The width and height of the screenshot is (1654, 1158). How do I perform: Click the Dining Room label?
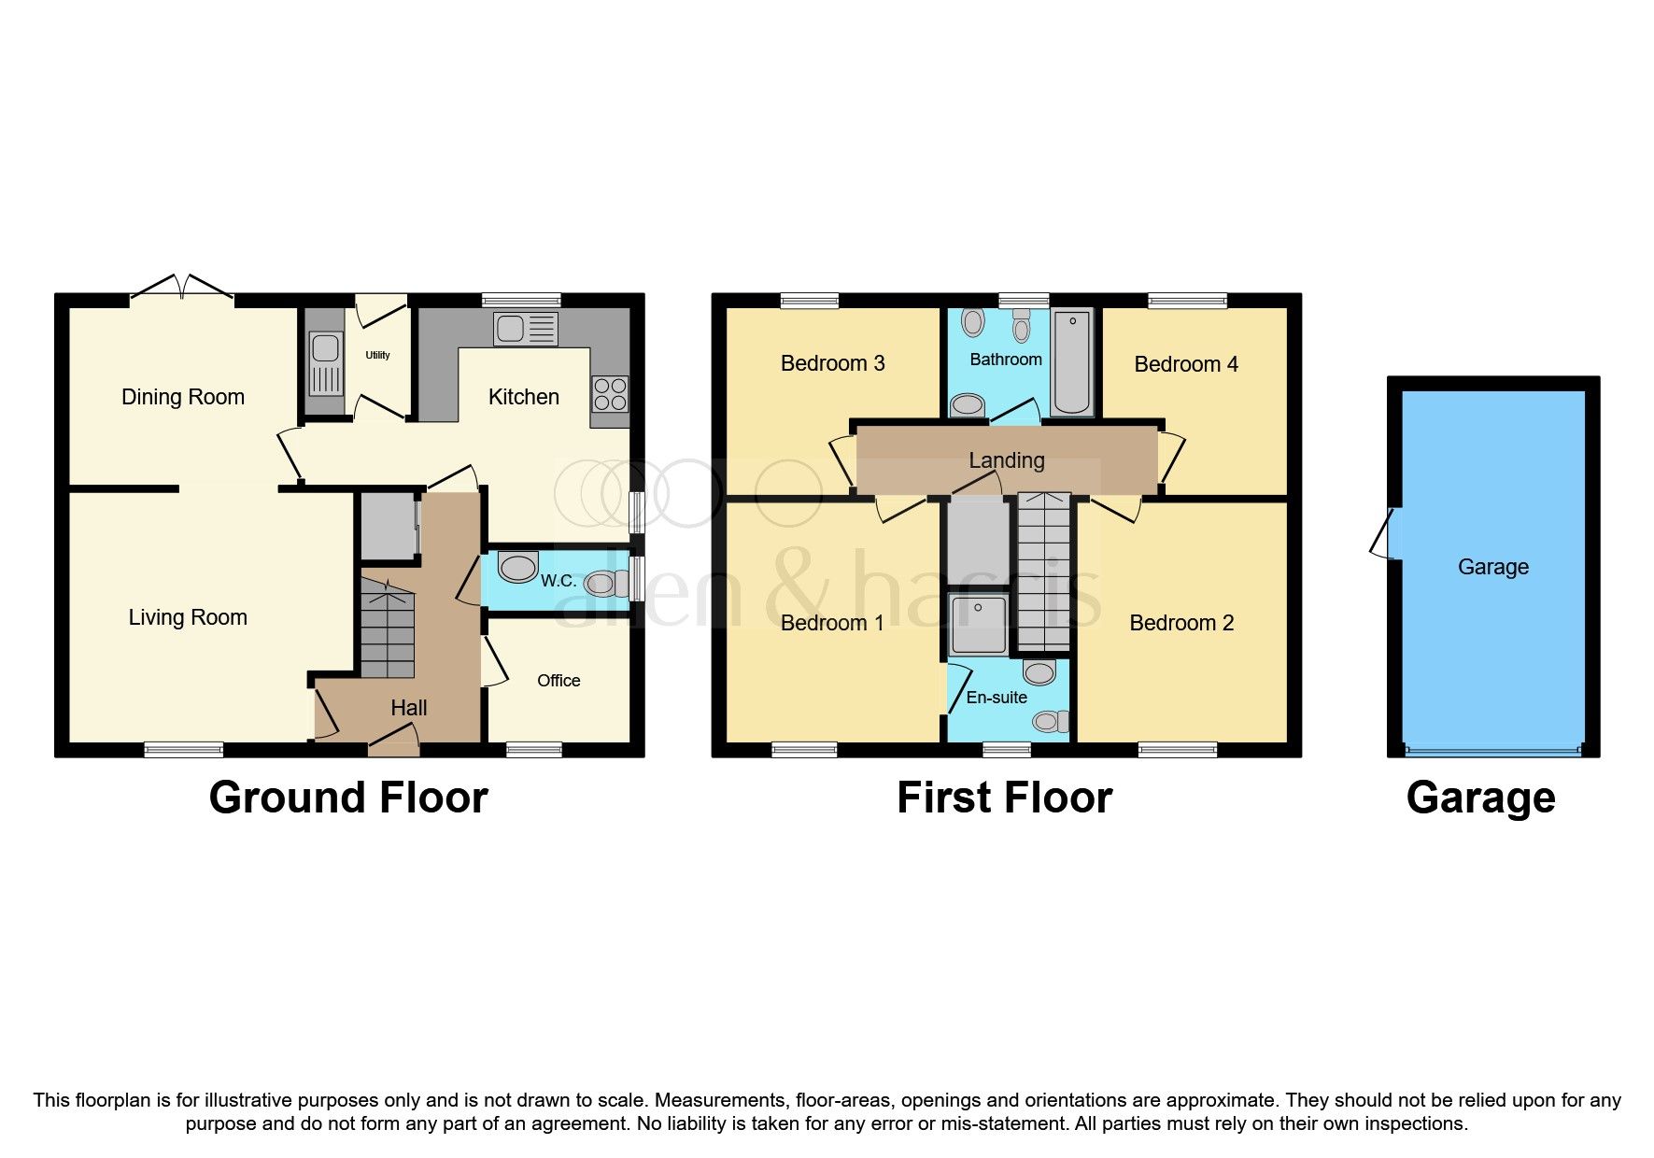pyautogui.click(x=183, y=397)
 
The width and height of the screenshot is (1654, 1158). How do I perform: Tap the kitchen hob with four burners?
pyautogui.click(x=610, y=393)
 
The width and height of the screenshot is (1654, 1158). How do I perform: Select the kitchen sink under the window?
pyautogui.click(x=527, y=329)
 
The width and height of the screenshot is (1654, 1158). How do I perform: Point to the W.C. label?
pyautogui.click(x=558, y=581)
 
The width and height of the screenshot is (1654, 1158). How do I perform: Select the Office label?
pyautogui.click(x=558, y=681)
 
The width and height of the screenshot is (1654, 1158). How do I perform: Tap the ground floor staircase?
pyautogui.click(x=387, y=628)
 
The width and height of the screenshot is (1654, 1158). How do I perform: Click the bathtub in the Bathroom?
pyautogui.click(x=1072, y=362)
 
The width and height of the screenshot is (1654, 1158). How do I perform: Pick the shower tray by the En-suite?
pyautogui.click(x=978, y=624)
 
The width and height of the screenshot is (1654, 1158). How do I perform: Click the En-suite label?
pyautogui.click(x=997, y=698)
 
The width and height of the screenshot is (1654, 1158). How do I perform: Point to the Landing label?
pyautogui.click(x=1006, y=460)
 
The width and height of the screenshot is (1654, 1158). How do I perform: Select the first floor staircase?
pyautogui.click(x=1043, y=572)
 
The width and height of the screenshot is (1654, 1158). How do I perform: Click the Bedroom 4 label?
pyautogui.click(x=1186, y=364)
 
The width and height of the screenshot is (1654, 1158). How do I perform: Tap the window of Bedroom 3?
pyautogui.click(x=810, y=300)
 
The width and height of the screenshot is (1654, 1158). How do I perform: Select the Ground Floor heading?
pyautogui.click(x=348, y=798)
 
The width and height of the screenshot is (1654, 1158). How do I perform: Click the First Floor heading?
pyautogui.click(x=1004, y=798)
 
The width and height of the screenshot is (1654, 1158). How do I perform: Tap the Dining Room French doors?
pyautogui.click(x=181, y=289)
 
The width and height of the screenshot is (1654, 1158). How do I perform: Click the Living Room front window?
pyautogui.click(x=184, y=749)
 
